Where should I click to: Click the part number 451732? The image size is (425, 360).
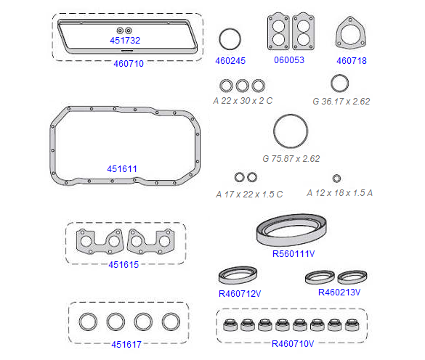pos(125,41)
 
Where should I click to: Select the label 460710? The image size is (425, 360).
pos(129,64)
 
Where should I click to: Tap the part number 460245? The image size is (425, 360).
pos(230,61)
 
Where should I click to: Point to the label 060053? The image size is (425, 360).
pos(289,60)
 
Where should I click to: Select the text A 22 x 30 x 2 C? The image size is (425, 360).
pos(243,101)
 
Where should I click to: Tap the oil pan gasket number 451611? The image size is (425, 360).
pos(122,169)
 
